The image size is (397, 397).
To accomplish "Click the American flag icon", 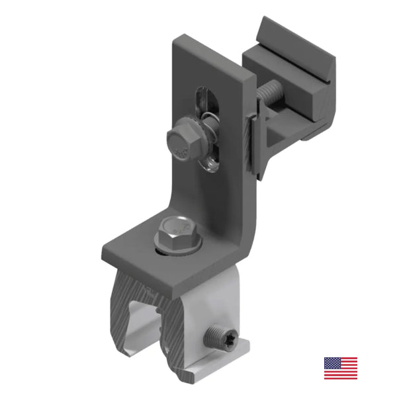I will click(341, 369).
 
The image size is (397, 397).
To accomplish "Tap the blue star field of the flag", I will click(331, 363).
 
